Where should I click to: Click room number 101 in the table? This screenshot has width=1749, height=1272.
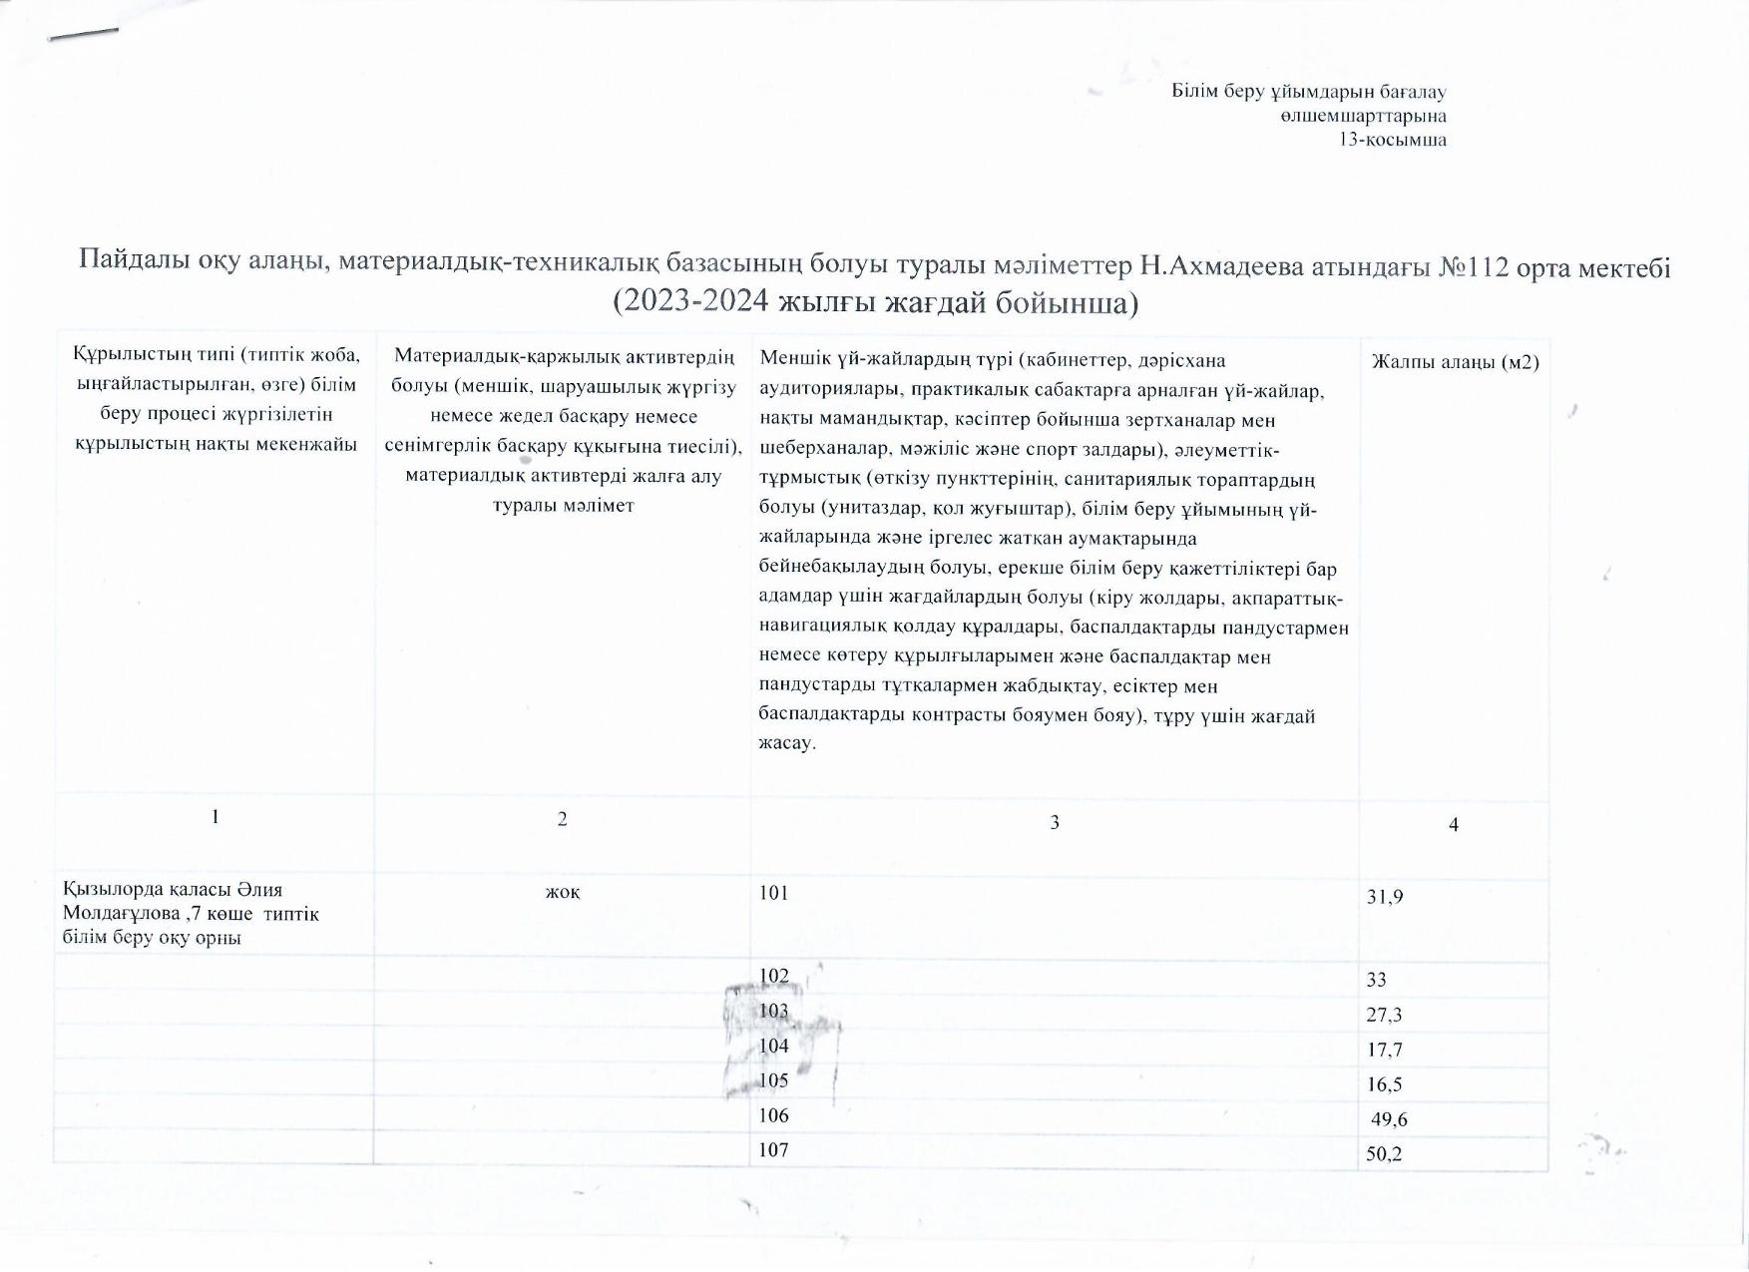773,893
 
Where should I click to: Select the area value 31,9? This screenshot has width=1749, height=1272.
1385,897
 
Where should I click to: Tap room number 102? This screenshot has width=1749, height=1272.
773,976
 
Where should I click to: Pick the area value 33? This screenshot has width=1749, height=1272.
1377,980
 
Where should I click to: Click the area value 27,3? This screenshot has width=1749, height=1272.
1385,1015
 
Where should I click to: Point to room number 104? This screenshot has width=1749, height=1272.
773,1046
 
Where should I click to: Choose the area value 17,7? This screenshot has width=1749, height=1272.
1385,1050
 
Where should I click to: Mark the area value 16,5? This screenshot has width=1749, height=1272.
1385,1084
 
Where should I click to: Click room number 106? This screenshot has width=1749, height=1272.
773,1115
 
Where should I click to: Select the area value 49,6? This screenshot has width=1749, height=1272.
1389,1119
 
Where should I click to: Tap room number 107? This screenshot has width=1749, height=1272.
773,1150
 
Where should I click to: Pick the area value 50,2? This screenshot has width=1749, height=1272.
1385,1154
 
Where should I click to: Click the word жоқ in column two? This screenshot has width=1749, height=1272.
563,892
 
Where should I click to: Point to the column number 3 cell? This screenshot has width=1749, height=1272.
1055,822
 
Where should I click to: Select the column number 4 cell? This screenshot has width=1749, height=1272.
1454,824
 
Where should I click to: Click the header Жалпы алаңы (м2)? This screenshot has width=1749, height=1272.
1455,362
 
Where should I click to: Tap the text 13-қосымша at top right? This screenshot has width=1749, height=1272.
1393,140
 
